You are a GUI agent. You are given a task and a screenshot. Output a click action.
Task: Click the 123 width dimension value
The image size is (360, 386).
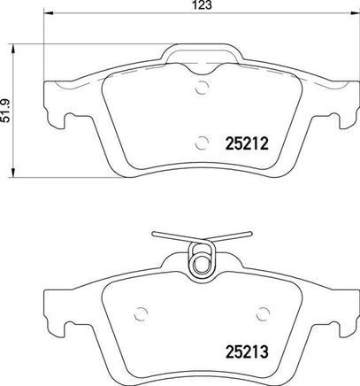coord(203,5)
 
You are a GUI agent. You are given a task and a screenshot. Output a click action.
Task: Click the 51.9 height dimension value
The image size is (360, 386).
coord(6,111)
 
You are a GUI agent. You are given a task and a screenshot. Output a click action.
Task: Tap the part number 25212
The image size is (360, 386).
coord(247,144)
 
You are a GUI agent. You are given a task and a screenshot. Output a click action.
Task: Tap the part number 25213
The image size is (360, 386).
coord(247,351)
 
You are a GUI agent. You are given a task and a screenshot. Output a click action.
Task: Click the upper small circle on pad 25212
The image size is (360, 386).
coord(203,88)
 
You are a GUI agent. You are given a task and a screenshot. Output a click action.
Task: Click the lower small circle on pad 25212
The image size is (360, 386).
coord(203,143)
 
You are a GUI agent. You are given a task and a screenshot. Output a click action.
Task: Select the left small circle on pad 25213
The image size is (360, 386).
coord(141,313)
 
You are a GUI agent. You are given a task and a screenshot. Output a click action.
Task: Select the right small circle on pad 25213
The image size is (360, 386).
coord(264,314)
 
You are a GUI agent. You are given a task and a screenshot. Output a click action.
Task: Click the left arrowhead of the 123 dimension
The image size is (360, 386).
coord(48,13)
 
